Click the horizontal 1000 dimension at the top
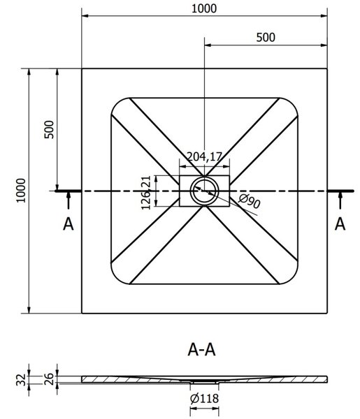(x=204, y=9)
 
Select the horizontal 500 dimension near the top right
(x=266, y=38)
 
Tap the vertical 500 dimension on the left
(x=49, y=130)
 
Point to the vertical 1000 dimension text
(x=21, y=191)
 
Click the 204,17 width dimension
(x=204, y=156)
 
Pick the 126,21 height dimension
(x=146, y=193)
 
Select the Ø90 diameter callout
(x=249, y=201)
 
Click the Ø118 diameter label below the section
(x=204, y=399)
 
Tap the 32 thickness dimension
(x=22, y=380)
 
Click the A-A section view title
(x=201, y=350)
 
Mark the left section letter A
(x=69, y=223)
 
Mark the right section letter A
(x=340, y=223)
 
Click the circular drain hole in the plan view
(x=205, y=191)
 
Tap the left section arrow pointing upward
(x=69, y=200)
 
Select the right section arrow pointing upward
(x=340, y=200)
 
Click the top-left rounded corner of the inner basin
(x=116, y=103)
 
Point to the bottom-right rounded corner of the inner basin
(x=292, y=279)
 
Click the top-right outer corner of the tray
(x=327, y=68)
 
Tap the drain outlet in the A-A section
(x=205, y=383)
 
